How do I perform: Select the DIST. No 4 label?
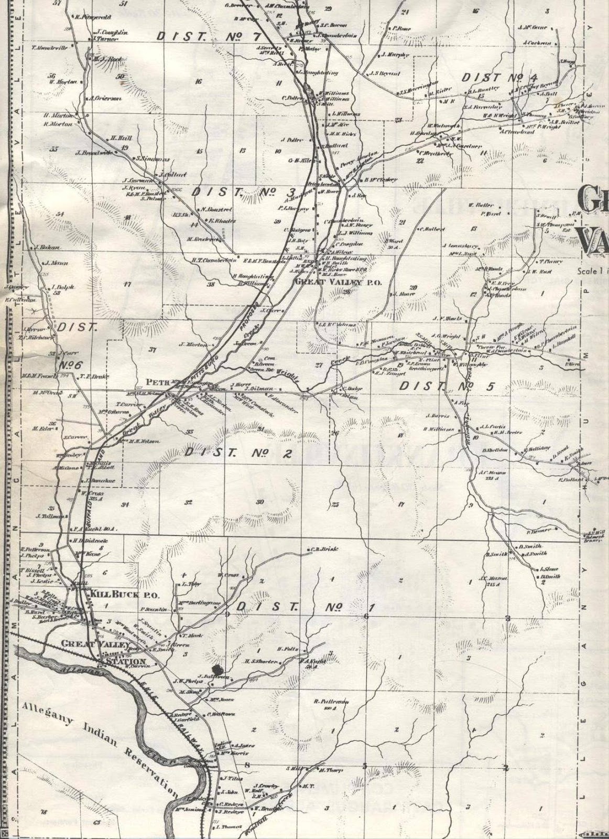click(x=499, y=78)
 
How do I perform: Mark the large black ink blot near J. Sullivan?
click(x=220, y=670)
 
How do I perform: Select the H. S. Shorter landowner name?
click(x=260, y=662)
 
